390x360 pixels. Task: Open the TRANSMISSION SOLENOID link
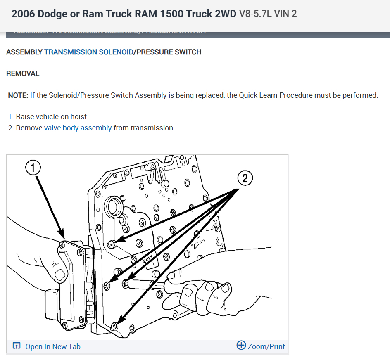(88, 52)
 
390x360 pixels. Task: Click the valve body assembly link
(78, 128)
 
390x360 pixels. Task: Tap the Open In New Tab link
(52, 346)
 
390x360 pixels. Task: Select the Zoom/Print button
(266, 346)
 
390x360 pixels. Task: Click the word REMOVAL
(23, 73)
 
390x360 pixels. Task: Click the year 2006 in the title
(23, 14)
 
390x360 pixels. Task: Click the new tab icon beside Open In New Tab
(17, 346)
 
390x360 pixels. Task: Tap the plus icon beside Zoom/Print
(241, 345)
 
